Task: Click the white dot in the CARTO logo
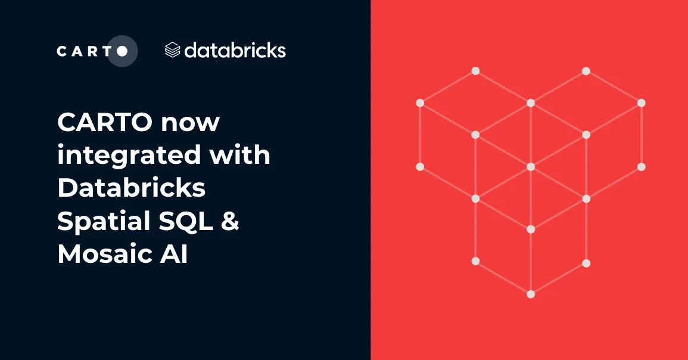(122, 51)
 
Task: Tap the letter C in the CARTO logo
(62, 51)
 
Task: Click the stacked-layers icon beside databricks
(172, 50)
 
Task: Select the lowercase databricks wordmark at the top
(235, 50)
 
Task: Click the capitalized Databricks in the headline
(132, 188)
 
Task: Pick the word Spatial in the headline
(103, 221)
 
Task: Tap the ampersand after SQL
(231, 221)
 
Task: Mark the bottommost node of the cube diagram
(531, 294)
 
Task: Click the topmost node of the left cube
(475, 71)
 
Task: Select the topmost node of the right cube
(586, 71)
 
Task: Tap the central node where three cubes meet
(531, 166)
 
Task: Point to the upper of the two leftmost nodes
(420, 103)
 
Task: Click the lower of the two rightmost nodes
(642, 166)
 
